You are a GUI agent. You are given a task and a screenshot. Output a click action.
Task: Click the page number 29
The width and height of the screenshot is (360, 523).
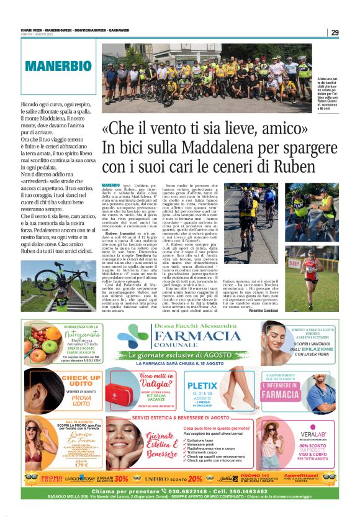point(334,33)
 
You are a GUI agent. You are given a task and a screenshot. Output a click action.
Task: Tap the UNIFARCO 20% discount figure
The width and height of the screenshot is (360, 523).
point(195,478)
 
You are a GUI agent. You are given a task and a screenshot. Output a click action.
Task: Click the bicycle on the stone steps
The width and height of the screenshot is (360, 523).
point(62,283)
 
